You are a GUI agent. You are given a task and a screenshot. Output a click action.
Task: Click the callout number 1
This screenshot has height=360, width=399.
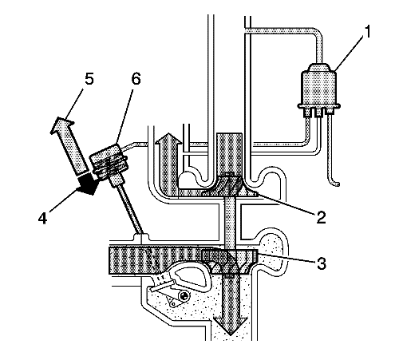click(x=367, y=32)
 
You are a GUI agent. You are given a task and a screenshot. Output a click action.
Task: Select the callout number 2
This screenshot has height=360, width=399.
click(x=321, y=217)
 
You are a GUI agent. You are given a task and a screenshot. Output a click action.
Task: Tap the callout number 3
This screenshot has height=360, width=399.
click(x=322, y=263)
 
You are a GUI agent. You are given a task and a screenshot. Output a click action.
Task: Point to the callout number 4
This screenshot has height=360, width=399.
click(x=42, y=218)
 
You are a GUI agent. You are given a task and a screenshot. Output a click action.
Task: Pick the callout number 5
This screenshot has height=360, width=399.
click(x=89, y=79)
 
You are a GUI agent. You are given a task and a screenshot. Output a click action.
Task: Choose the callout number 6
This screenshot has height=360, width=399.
click(x=136, y=79)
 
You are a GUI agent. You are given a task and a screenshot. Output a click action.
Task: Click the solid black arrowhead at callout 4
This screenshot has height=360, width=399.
click(x=87, y=184)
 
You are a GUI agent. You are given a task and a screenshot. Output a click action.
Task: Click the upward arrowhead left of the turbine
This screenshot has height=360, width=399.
click(x=168, y=138)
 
